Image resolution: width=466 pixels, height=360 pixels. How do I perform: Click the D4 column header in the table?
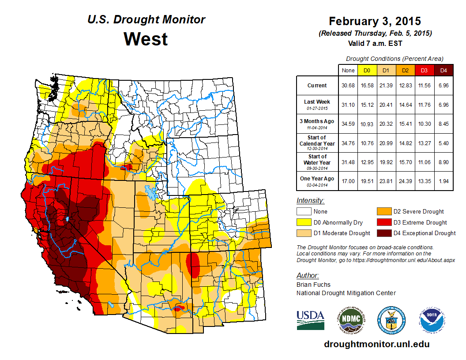[x=443, y=70]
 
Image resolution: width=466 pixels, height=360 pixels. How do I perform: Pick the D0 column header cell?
[x=366, y=70]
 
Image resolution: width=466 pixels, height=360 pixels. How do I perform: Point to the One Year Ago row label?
[x=317, y=179]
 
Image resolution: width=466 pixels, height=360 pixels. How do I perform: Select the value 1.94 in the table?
[x=443, y=179]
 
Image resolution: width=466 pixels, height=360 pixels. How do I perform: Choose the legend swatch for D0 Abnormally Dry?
[x=304, y=222]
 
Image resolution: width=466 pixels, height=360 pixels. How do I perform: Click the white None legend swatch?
[x=304, y=212]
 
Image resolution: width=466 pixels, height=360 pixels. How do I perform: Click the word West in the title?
[x=146, y=39]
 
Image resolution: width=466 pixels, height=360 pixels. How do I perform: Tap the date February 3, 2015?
[x=375, y=21]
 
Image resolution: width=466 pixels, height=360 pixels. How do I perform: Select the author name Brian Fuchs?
[x=313, y=285]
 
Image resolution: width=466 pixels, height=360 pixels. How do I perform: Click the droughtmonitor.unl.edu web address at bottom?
[x=376, y=344]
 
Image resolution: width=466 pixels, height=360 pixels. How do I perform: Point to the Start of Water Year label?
[x=317, y=160]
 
